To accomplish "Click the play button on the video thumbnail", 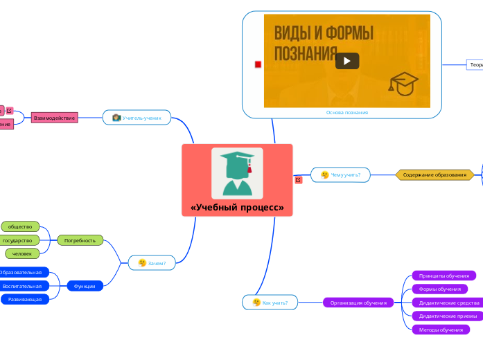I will (x=347, y=61).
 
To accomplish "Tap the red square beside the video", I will (x=258, y=64).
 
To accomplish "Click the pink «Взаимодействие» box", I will (x=54, y=118).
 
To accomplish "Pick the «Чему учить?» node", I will (x=340, y=175).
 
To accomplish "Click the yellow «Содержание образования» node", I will (x=434, y=175).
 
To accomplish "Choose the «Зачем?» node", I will (x=152, y=263).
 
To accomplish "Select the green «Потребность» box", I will (x=80, y=240).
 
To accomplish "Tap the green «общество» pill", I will (x=20, y=226).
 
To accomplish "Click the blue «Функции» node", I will (x=85, y=285).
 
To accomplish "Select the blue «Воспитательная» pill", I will (x=22, y=286).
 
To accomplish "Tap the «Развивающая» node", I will (x=25, y=299).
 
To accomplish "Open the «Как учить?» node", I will (x=270, y=303).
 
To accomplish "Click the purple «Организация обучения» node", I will (x=358, y=303).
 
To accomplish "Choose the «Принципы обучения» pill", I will (x=444, y=276).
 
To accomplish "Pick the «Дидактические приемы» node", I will (x=448, y=316).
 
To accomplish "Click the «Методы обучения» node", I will (x=441, y=330).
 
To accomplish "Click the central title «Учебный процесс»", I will (x=237, y=208).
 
